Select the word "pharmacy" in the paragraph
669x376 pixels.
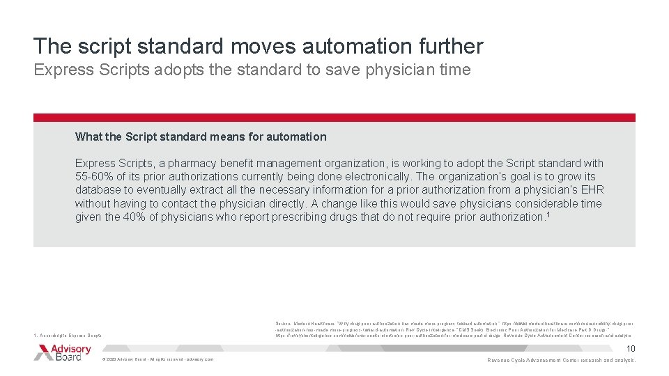[x=188, y=163]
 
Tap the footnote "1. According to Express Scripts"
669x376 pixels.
[x=68, y=336]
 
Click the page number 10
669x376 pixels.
[x=631, y=349]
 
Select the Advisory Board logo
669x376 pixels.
[x=63, y=352]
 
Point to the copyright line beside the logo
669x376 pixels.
[x=157, y=359]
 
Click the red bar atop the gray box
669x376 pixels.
[x=334, y=118]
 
